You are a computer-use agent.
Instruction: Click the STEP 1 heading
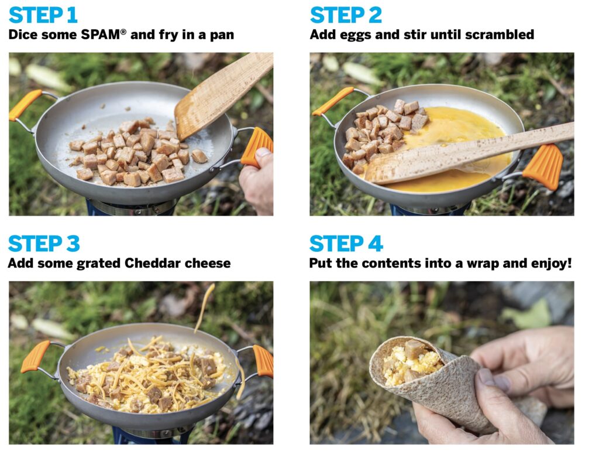point(43,15)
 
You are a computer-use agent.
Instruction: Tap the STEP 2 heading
point(346,15)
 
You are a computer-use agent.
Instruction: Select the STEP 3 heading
point(44,244)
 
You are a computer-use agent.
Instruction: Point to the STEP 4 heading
point(346,244)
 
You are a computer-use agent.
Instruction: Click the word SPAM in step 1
point(101,35)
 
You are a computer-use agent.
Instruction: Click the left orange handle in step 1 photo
point(24,104)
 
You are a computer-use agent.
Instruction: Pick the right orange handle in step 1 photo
point(256,146)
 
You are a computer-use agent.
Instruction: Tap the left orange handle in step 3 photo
point(36,356)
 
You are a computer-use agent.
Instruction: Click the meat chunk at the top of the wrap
point(414,348)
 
